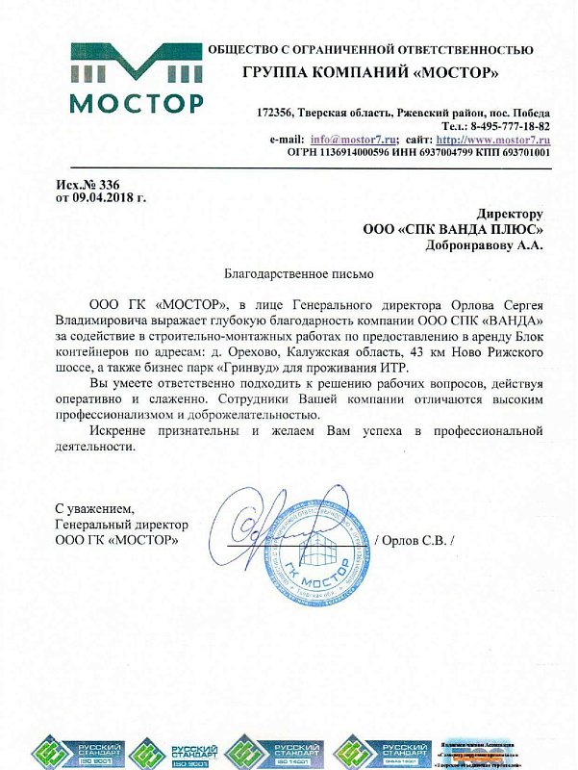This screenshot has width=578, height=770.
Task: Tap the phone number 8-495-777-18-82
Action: pos(510,126)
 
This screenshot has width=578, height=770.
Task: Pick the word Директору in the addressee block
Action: pos(510,214)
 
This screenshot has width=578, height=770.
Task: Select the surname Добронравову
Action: pos(469,244)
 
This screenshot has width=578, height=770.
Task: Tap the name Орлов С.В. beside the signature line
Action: pos(416,540)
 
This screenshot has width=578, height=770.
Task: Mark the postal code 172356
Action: pos(276,113)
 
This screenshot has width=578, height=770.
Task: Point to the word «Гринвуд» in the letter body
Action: pos(243,369)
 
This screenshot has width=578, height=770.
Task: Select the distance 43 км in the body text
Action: pos(424,353)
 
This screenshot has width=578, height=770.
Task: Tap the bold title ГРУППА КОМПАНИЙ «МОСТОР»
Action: pos(370,73)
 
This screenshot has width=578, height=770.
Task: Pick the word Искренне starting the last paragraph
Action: pos(118,430)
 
